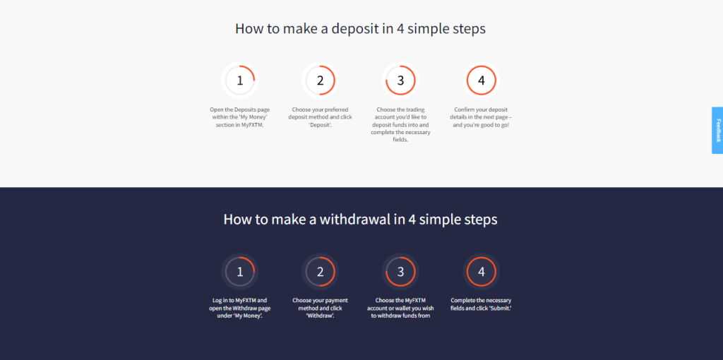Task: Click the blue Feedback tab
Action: [717, 131]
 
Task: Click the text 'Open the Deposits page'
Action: [240, 109]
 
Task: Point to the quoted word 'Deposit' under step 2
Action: [320, 125]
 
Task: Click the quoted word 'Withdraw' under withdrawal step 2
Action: [320, 316]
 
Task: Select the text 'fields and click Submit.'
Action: [481, 308]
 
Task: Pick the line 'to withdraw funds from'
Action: [401, 316]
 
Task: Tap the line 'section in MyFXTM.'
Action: [240, 125]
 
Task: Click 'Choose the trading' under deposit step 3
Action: [401, 109]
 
